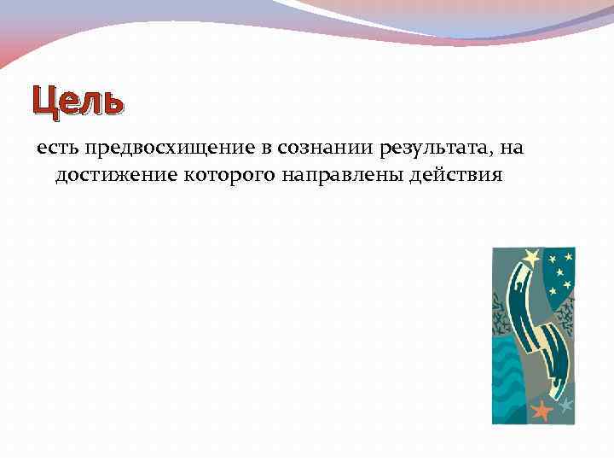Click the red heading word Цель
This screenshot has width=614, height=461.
tap(78, 102)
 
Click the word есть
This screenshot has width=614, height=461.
tap(56, 149)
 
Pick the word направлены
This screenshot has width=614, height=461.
tap(329, 176)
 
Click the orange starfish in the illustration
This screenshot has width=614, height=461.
tap(542, 411)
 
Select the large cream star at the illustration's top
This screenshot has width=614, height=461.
tap(531, 256)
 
